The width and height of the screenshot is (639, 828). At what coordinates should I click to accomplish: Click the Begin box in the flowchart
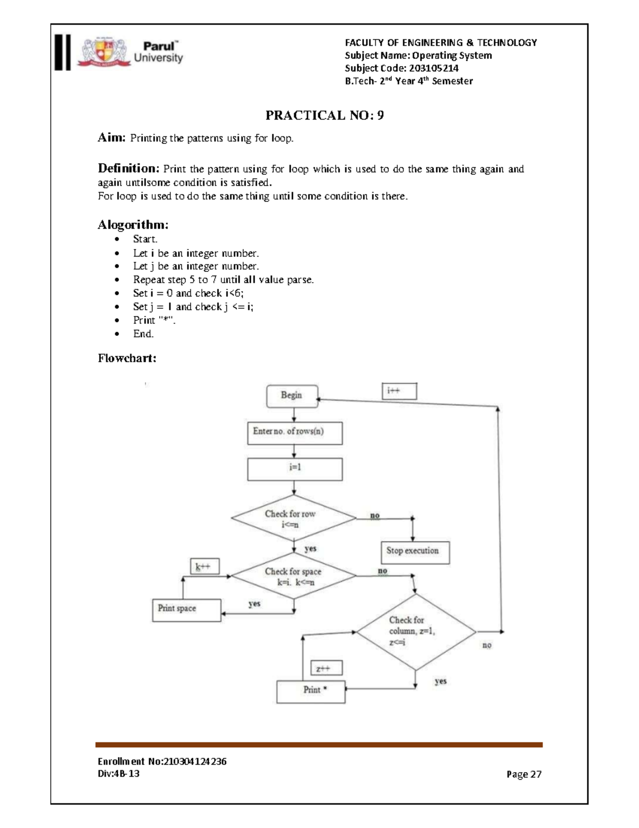[292, 396]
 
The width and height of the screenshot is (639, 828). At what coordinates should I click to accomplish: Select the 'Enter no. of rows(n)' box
[294, 433]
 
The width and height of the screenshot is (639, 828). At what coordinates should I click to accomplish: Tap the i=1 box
[294, 469]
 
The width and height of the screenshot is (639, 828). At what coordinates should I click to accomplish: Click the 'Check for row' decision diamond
[293, 519]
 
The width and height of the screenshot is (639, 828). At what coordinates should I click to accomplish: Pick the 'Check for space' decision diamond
[293, 576]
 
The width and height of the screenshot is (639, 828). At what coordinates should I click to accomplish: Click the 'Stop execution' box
[414, 551]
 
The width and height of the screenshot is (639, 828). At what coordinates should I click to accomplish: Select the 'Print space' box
[186, 609]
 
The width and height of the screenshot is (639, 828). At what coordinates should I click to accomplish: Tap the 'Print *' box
[311, 690]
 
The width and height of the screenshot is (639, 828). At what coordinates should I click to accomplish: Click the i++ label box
[399, 391]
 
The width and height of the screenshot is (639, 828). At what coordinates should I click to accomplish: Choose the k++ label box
[204, 566]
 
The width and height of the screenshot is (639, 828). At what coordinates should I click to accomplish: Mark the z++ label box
[326, 668]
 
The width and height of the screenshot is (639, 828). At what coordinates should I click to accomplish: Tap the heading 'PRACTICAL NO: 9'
[324, 115]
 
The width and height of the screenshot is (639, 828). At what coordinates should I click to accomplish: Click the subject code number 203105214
[433, 68]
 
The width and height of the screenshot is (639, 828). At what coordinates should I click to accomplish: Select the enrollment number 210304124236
[187, 761]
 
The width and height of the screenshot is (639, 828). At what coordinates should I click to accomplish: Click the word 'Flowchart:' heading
[127, 358]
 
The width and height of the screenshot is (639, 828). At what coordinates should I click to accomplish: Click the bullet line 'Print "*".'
[154, 320]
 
